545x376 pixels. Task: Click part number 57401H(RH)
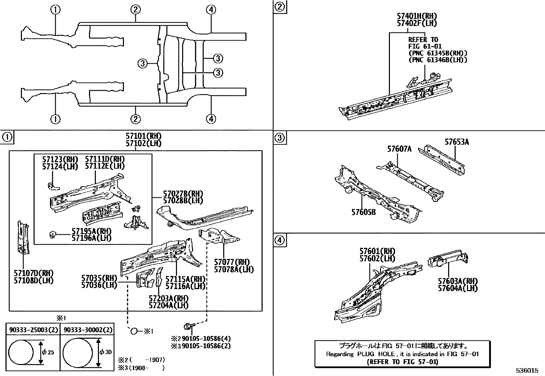(417, 16)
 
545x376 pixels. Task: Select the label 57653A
(457, 142)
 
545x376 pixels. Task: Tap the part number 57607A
(399, 149)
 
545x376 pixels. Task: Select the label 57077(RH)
(234, 262)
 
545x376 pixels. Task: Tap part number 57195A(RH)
(91, 231)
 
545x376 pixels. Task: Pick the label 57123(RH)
(60, 159)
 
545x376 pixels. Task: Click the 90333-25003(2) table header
(33, 330)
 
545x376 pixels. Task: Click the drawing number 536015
(528, 370)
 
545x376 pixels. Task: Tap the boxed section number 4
(280, 241)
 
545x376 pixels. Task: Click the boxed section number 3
(280, 138)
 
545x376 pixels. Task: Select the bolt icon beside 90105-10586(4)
(188, 326)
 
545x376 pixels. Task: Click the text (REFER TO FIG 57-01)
(402, 361)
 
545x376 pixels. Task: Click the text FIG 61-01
(425, 46)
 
